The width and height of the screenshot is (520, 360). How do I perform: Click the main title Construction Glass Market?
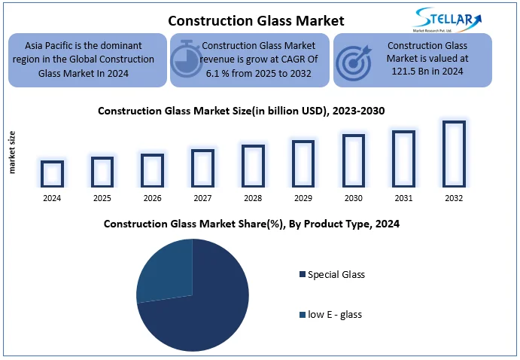(x=245, y=20)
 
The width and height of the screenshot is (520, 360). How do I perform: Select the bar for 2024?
(x=52, y=173)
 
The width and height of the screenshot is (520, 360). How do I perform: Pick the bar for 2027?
(x=202, y=167)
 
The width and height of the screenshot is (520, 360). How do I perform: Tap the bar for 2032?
(x=454, y=154)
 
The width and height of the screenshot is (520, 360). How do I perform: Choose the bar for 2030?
(x=353, y=160)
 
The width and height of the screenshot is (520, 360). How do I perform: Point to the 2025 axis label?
(x=102, y=198)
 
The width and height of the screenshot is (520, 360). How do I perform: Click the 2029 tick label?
(x=303, y=198)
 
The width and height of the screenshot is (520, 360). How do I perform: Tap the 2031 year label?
(x=403, y=198)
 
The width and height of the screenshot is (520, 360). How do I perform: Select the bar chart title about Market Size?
(x=241, y=111)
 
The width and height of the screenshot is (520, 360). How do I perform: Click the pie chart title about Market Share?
(x=251, y=224)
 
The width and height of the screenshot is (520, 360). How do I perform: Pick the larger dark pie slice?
(x=207, y=309)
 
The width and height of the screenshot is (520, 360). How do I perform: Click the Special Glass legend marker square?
(x=302, y=275)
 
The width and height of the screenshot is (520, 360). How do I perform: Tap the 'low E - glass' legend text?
(x=335, y=314)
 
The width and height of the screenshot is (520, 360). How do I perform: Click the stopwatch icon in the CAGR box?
(x=185, y=59)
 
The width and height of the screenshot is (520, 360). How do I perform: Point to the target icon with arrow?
(x=351, y=59)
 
